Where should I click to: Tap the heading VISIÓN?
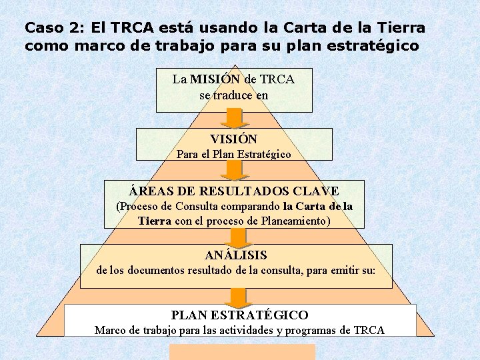point(233,139)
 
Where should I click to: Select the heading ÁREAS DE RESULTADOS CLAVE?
point(234,191)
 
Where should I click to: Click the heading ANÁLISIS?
point(235,255)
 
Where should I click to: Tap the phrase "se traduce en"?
point(233,95)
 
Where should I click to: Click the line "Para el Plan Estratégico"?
point(233,154)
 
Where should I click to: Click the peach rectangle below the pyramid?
point(242,352)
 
